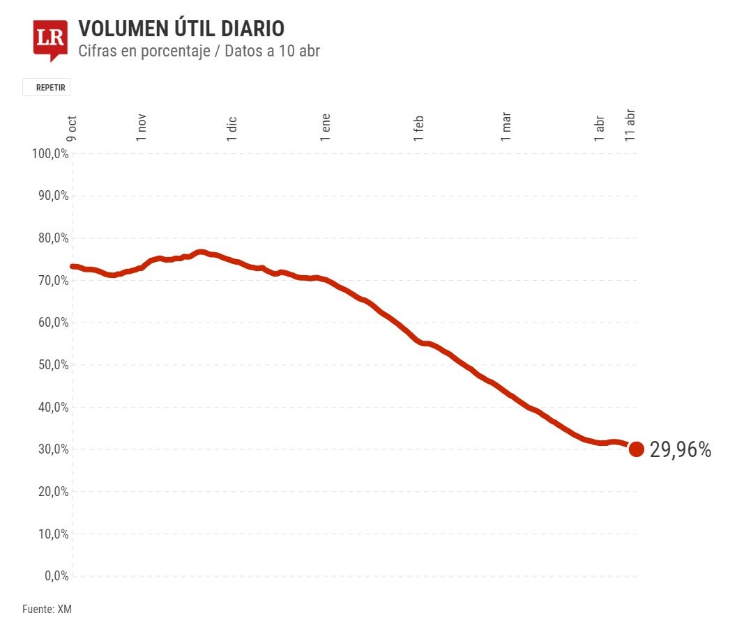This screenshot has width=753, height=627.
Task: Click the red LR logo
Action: click(50, 39)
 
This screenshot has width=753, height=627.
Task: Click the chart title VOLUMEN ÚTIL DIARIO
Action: click(181, 29)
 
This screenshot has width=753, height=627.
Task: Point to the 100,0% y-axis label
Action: click(50, 154)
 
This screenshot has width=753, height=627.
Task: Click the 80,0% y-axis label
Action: click(52, 238)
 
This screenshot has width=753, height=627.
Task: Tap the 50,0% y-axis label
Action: click(52, 365)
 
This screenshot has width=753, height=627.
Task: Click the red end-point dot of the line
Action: click(636, 449)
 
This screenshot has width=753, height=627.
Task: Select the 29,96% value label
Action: click(680, 450)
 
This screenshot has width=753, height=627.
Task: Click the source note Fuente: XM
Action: click(47, 610)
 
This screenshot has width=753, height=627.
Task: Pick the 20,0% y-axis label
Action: click(52, 492)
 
